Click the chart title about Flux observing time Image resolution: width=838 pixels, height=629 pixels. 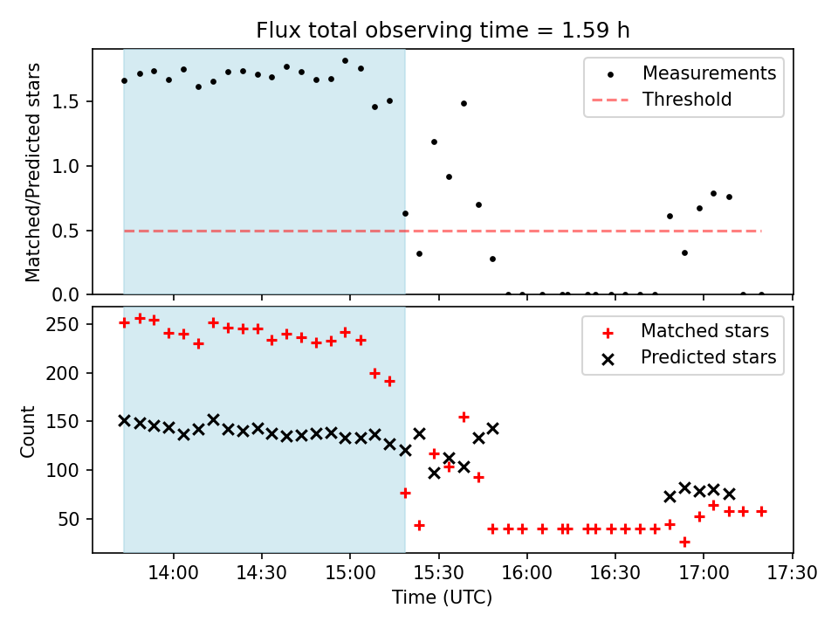coord(443,31)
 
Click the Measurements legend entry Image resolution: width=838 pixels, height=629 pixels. coord(709,73)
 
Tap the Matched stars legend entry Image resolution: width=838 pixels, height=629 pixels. coord(704,331)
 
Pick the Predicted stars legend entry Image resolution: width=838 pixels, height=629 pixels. coord(708,357)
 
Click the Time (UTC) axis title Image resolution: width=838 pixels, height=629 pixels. coord(443,598)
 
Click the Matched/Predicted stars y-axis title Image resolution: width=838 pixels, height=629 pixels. coord(33,172)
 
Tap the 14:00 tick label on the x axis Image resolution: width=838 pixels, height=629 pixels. coord(174,574)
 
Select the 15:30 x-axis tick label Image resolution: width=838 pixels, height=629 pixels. coord(438,574)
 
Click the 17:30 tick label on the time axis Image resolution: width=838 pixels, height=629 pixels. coord(792,574)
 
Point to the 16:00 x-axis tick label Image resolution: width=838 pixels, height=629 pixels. coord(527,574)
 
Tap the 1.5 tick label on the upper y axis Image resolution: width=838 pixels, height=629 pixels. coord(71,101)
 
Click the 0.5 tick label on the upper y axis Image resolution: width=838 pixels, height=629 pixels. coord(71,231)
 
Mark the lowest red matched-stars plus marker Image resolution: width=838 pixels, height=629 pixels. coord(684,542)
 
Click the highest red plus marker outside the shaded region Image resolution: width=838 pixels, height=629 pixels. coord(464,417)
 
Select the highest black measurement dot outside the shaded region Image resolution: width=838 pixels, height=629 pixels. coord(464,103)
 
